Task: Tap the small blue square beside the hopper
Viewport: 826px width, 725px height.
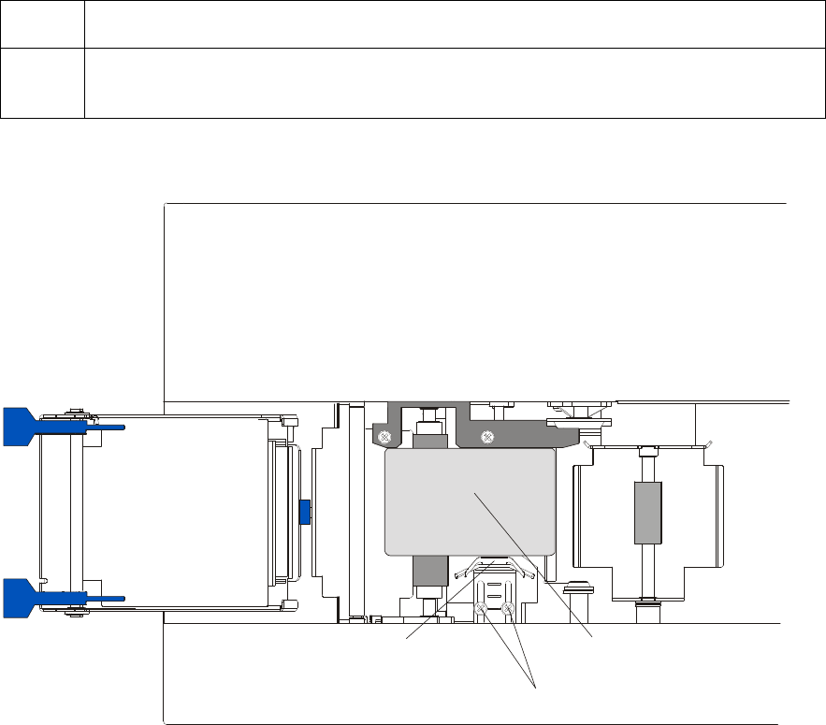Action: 303,512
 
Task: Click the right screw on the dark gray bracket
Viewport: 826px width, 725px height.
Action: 486,437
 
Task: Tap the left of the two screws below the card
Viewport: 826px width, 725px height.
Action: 481,610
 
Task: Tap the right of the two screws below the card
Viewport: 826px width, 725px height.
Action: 508,610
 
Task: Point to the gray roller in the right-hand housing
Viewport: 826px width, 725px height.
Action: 644,513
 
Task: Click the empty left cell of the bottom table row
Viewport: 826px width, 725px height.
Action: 42,82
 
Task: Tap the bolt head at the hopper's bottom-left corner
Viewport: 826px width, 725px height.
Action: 74,615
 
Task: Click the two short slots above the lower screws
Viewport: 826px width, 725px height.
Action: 493,587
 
